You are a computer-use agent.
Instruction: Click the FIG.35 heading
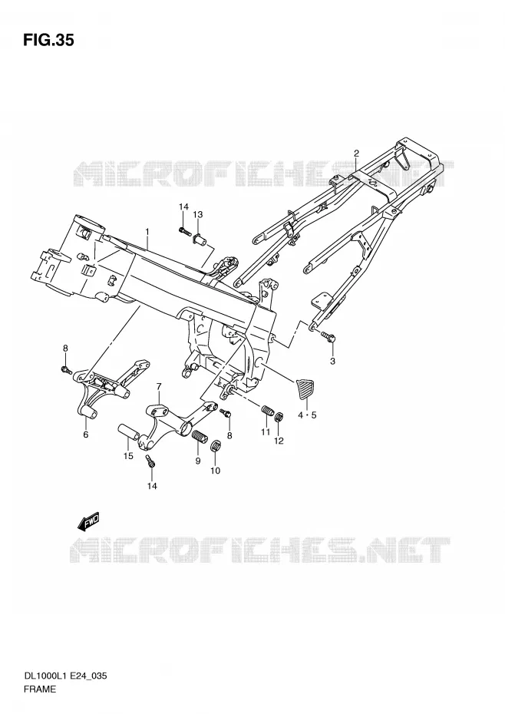pyautogui.click(x=48, y=41)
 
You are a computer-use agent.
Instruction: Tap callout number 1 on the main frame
pyautogui.click(x=147, y=232)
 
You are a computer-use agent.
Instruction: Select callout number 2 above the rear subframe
pyautogui.click(x=356, y=153)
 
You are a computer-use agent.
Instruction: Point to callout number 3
pyautogui.click(x=332, y=361)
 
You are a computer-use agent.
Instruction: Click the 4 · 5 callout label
pyautogui.click(x=307, y=415)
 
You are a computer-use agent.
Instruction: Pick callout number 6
pyautogui.click(x=86, y=435)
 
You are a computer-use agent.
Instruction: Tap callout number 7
pyautogui.click(x=159, y=387)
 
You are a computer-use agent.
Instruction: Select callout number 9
pyautogui.click(x=198, y=461)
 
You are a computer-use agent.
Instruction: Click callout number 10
pyautogui.click(x=216, y=471)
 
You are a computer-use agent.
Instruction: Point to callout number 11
pyautogui.click(x=266, y=431)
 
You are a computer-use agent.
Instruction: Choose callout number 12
pyautogui.click(x=279, y=441)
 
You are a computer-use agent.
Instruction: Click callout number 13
pyautogui.click(x=198, y=214)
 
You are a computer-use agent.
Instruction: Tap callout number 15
pyautogui.click(x=128, y=456)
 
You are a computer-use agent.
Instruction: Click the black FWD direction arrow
pyautogui.click(x=88, y=522)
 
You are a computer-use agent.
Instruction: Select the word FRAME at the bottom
pyautogui.click(x=41, y=689)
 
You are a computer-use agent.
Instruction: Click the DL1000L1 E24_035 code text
pyautogui.click(x=65, y=676)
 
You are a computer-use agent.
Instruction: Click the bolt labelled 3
pyautogui.click(x=328, y=337)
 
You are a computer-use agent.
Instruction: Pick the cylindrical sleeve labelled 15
pyautogui.click(x=130, y=432)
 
